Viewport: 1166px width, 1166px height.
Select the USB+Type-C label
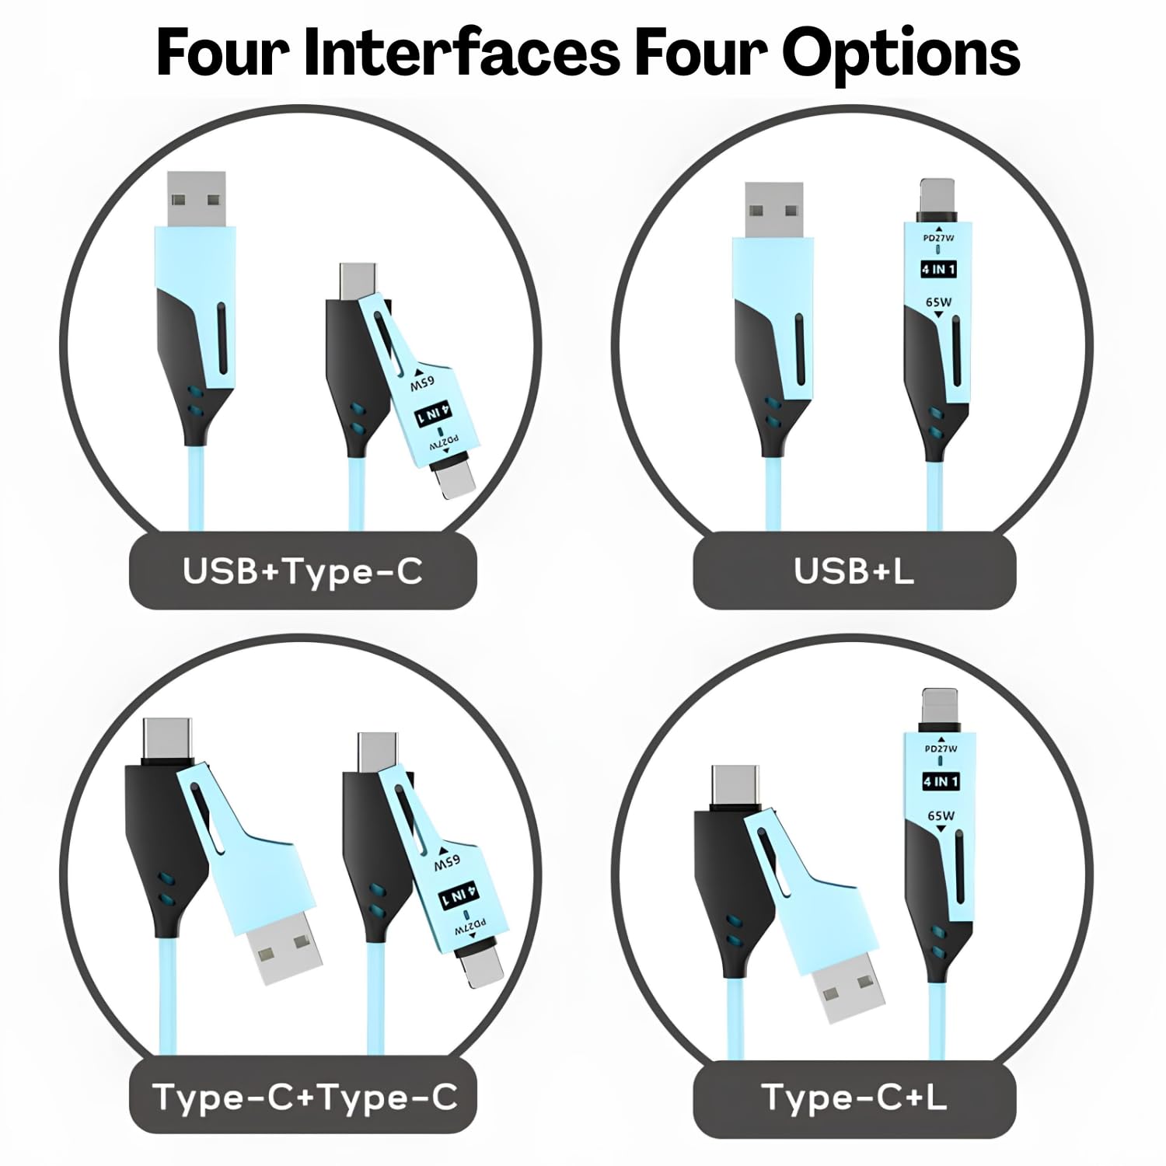point(302,571)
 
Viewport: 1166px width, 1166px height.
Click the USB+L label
point(854,571)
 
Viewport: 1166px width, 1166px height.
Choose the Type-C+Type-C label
point(305,1098)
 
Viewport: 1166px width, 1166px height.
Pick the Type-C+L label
point(854,1098)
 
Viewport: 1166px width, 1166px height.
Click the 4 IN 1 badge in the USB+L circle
point(939,270)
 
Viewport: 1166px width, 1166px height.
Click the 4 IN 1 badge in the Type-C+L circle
point(941,780)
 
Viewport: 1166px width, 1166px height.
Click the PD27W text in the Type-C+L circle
point(941,749)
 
